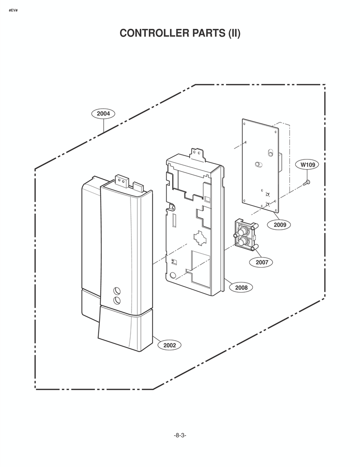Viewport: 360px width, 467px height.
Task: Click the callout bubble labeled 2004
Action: click(x=103, y=113)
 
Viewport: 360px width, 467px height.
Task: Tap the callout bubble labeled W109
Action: click(x=307, y=164)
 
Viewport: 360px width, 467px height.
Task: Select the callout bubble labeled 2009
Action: click(x=280, y=224)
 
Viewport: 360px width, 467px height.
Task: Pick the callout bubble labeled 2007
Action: click(x=262, y=262)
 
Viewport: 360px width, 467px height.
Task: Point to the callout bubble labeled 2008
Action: click(x=241, y=287)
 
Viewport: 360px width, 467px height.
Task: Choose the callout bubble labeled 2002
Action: click(x=169, y=345)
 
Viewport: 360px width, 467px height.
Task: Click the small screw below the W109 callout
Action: click(x=306, y=182)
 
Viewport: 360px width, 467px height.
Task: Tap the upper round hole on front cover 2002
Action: click(x=117, y=291)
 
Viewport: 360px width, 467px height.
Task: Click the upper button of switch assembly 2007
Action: click(x=243, y=231)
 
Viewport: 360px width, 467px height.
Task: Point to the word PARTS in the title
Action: click(x=209, y=33)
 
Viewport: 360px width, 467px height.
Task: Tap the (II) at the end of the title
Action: click(x=234, y=33)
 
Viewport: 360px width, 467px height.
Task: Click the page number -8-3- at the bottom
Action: click(x=180, y=435)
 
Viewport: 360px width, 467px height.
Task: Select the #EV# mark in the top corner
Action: click(x=13, y=11)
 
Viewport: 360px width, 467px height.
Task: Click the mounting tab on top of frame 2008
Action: click(x=197, y=154)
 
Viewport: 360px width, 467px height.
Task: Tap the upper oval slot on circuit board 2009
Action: click(x=270, y=152)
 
